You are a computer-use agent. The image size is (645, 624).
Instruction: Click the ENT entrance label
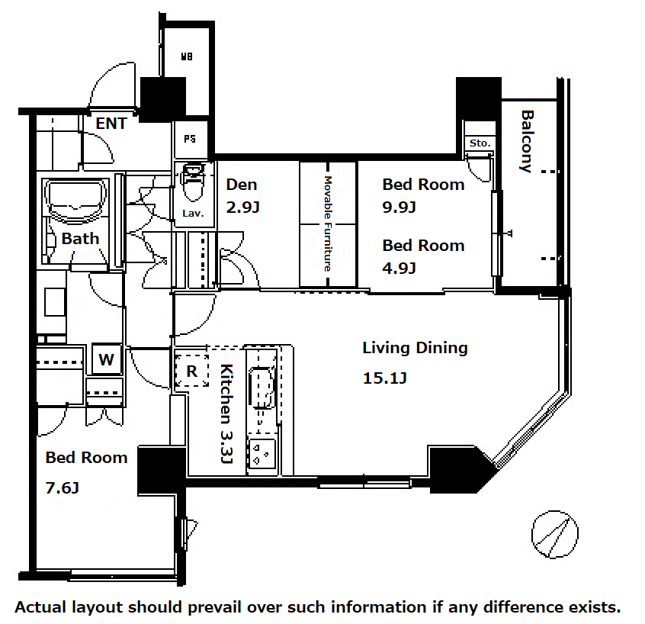(x=111, y=124)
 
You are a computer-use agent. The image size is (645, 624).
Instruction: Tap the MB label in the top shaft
(x=187, y=56)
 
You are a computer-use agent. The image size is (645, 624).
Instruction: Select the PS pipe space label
(x=190, y=139)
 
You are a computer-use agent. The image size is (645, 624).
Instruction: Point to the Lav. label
(x=193, y=214)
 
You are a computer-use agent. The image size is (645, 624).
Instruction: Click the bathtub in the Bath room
(x=75, y=201)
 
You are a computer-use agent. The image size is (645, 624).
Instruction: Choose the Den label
(x=242, y=185)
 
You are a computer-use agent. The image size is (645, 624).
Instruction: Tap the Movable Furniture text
(x=328, y=224)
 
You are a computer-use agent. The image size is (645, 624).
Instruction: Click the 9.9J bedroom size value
(x=399, y=207)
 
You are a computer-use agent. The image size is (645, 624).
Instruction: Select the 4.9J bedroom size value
(x=399, y=269)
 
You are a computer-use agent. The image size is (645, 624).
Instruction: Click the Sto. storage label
(x=480, y=143)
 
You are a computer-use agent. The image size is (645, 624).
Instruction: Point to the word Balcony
(x=527, y=141)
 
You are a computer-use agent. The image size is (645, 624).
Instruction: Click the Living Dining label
(x=415, y=348)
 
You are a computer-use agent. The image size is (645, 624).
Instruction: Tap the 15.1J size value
(x=384, y=378)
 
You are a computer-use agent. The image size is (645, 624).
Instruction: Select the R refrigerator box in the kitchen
(x=191, y=371)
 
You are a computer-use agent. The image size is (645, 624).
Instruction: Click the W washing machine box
(x=107, y=359)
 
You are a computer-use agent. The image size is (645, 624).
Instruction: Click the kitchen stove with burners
(x=262, y=453)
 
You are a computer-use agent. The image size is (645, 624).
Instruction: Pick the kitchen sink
(x=262, y=388)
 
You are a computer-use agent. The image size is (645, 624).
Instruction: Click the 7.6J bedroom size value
(x=62, y=488)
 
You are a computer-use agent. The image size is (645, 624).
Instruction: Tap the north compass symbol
(x=554, y=534)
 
